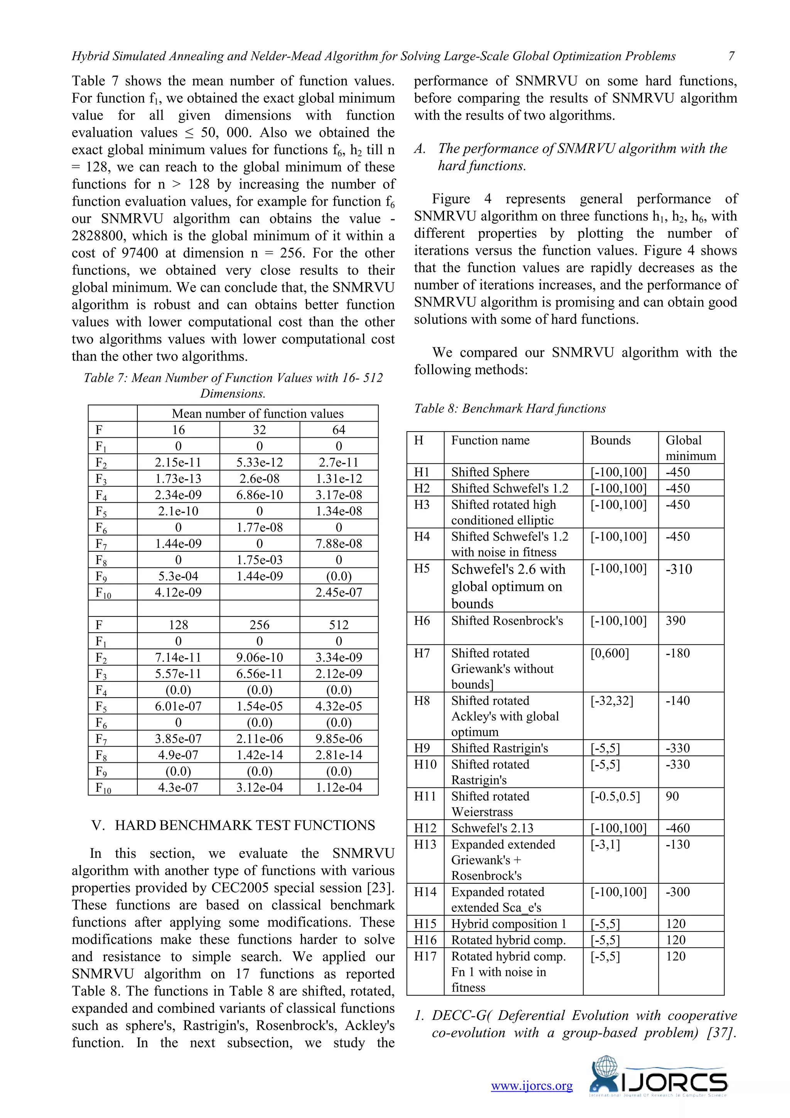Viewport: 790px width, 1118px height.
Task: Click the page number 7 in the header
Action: [731, 56]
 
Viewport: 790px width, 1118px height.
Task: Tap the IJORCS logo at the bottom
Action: [658, 1078]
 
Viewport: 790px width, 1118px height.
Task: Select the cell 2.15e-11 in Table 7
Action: [178, 462]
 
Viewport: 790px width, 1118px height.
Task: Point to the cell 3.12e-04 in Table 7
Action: [259, 788]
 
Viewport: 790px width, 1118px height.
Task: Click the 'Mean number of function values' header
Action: [257, 414]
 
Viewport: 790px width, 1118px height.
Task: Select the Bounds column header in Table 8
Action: [611, 440]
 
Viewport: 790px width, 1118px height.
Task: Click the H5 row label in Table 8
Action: [422, 569]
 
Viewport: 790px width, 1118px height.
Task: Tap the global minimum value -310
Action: [679, 569]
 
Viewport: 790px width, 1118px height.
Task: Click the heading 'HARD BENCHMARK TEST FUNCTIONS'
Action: [245, 825]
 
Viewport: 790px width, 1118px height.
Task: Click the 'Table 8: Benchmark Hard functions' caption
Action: [510, 408]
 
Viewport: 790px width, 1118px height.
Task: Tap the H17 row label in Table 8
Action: [425, 956]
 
